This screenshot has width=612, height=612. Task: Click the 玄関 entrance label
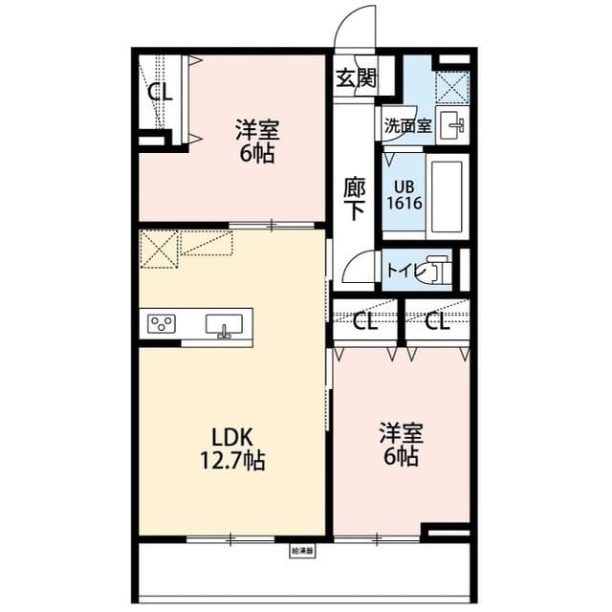point(355,78)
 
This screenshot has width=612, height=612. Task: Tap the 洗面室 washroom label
point(407,125)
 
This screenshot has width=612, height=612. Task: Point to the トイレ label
point(404,271)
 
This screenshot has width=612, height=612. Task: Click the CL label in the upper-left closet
point(160,93)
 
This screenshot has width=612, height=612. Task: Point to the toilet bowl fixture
point(437,270)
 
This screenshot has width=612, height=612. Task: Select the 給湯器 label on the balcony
point(302,551)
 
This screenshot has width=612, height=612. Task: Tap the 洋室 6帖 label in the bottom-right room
point(400,444)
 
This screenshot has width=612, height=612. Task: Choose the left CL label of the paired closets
point(364,321)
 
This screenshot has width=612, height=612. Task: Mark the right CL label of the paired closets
point(437,321)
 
